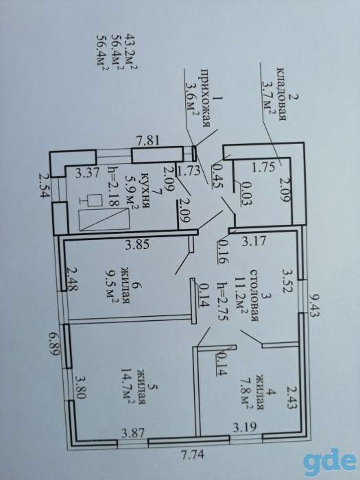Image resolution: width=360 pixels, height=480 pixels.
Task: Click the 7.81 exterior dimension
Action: (148, 141)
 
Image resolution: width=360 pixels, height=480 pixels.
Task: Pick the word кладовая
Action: (280, 94)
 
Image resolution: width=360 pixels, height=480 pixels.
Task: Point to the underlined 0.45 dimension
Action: (217, 173)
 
